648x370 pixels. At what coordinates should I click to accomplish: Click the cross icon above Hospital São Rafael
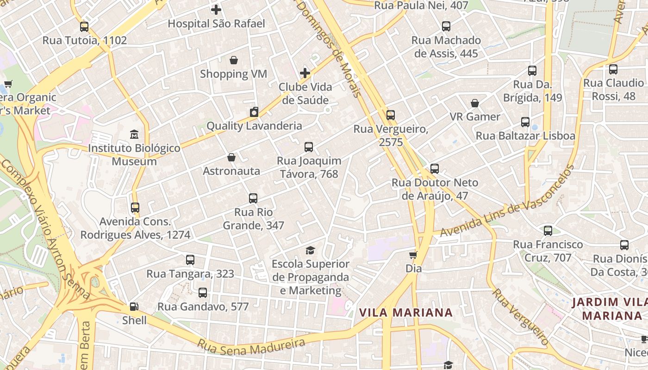point(216,9)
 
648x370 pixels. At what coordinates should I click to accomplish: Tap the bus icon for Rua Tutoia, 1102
point(84,26)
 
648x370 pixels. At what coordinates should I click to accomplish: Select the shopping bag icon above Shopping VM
point(234,60)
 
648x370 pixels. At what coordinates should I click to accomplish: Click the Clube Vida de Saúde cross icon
point(305,73)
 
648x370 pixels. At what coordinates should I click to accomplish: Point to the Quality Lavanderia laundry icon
point(254,112)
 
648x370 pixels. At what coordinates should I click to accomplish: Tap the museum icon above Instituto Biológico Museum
point(134,135)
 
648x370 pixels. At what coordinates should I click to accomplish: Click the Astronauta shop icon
point(231,157)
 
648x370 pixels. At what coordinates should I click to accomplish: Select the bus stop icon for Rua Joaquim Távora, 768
point(309,147)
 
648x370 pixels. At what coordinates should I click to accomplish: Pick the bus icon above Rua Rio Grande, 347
point(253,198)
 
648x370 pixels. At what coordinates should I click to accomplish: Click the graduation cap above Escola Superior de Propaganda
point(310,250)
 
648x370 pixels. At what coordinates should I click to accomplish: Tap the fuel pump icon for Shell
point(134,306)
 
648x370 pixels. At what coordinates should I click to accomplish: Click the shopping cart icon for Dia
point(413,255)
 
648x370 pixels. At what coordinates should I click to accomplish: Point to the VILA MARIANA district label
point(406,313)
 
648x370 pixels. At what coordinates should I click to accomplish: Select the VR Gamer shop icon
point(475,103)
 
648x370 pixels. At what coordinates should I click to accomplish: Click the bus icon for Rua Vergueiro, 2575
point(391,115)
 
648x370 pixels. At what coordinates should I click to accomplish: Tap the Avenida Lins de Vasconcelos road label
point(507,202)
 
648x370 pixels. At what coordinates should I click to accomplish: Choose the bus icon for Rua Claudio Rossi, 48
point(613,69)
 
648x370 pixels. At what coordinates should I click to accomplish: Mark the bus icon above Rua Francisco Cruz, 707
point(548,230)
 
